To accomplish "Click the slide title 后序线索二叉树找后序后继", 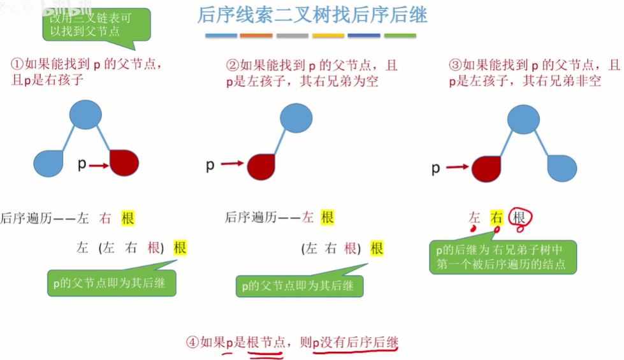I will click(312, 15).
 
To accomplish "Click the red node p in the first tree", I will click(124, 164).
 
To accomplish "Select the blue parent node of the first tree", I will click(85, 115).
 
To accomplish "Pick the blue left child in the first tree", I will click(49, 164).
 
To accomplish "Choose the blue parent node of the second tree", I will click(296, 118).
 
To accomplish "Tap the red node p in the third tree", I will click(486, 169).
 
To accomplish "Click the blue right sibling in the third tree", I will click(562, 168).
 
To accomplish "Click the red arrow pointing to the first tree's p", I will click(98, 165).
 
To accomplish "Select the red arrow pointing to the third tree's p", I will click(457, 168).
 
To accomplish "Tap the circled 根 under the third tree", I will click(519, 219).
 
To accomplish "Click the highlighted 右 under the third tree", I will click(497, 219).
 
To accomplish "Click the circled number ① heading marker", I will click(17, 64).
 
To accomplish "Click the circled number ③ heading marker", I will click(455, 65).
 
